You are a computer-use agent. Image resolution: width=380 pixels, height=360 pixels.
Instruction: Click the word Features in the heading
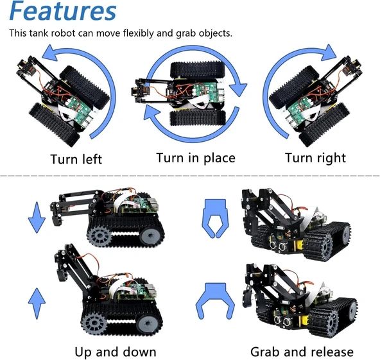[63, 12]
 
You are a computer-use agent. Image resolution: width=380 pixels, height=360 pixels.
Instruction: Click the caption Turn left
[76, 159]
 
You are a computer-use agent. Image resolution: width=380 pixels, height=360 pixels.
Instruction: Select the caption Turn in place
[196, 158]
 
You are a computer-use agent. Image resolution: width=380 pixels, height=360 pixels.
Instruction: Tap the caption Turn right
[315, 158]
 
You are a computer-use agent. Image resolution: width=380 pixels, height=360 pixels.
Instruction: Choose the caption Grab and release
[302, 351]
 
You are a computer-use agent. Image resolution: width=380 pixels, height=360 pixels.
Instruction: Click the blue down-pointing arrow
[37, 216]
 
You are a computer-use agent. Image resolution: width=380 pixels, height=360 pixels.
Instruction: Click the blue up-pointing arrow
[37, 300]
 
